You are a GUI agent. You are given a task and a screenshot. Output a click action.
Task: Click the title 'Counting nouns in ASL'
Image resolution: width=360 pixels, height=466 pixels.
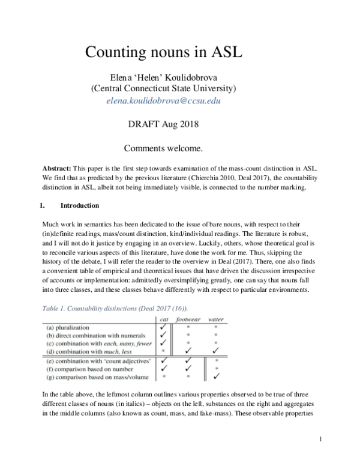click(x=163, y=51)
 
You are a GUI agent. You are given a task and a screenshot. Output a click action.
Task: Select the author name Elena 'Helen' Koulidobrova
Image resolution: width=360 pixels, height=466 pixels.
click(x=163, y=76)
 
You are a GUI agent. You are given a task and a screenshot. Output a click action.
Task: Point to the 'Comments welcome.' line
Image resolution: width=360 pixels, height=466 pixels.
click(x=163, y=147)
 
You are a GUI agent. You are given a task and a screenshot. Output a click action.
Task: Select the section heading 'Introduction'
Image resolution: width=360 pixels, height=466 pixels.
click(x=83, y=205)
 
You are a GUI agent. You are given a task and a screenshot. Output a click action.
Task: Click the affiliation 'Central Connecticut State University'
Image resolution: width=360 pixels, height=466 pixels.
click(x=163, y=89)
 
